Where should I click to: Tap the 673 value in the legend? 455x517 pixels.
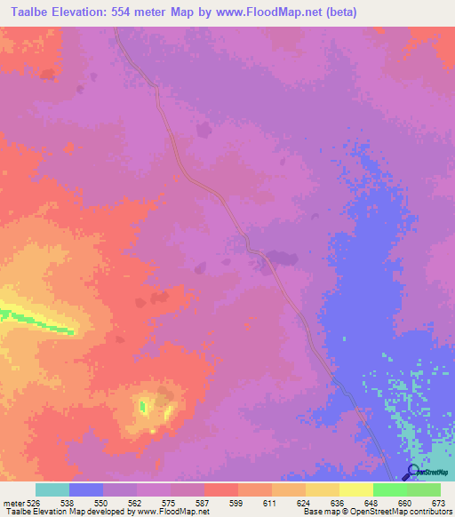point(437,503)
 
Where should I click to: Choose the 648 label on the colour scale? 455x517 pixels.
point(370,503)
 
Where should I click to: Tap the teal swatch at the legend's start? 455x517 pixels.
point(52,489)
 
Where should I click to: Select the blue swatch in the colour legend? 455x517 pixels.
point(86,489)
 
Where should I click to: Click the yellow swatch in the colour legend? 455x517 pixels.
point(356,489)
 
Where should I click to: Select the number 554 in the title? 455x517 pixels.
point(122,12)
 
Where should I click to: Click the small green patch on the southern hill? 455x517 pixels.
point(142,407)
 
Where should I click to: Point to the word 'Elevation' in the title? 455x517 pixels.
point(78,12)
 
